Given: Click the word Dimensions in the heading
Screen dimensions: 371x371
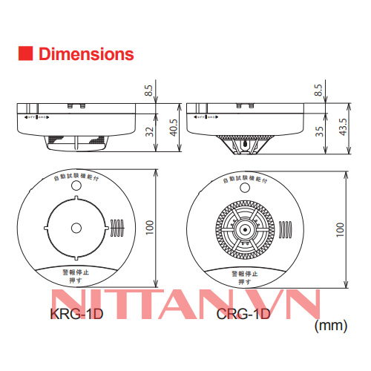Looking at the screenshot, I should pos(85,54).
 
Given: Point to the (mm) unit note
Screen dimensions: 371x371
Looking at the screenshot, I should pos(330,324).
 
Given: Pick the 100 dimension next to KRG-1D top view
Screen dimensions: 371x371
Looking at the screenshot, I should pos(149,228).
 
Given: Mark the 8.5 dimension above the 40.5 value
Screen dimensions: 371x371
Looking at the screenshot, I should pos(148,91).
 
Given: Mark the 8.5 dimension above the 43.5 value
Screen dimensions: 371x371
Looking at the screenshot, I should pos(319,91).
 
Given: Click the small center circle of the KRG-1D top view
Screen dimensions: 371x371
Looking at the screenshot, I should pos(75,229).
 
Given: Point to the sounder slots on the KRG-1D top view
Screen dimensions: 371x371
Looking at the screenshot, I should pos(116,229).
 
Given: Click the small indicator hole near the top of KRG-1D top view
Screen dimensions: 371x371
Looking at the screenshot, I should pos(75,198).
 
